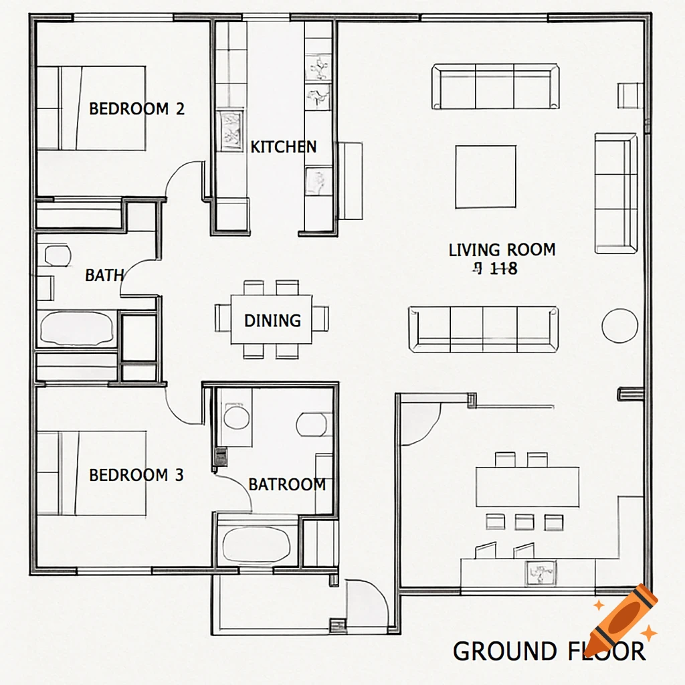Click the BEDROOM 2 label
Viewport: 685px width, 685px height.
coord(136,108)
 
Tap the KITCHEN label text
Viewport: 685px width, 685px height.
coord(283,147)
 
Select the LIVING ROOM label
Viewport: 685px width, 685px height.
coord(502,250)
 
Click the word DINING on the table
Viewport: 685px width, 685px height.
coord(272,321)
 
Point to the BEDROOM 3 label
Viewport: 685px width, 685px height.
coord(136,476)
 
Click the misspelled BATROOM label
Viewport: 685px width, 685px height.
coord(287,484)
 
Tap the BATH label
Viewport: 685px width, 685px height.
coord(104,275)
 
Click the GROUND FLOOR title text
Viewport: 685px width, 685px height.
coord(549,651)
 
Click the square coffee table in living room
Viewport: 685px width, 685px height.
coord(486,177)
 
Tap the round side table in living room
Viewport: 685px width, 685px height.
coord(619,326)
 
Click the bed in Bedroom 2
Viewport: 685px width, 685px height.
coord(91,108)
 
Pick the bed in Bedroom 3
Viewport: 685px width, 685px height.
coord(91,474)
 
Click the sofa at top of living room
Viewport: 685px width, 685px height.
coord(495,86)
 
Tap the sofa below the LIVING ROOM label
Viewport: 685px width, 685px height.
coord(484,329)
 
